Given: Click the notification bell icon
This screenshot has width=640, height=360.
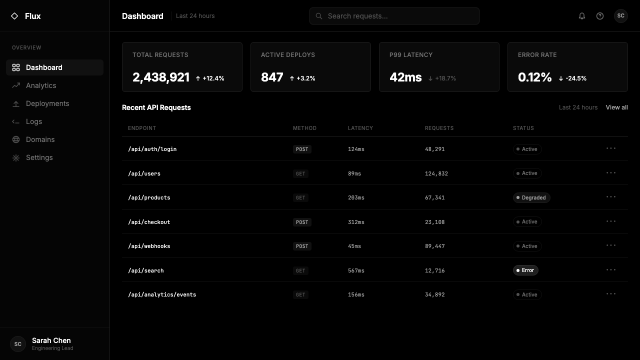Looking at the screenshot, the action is (x=581, y=16).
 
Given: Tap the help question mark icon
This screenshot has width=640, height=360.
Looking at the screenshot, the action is (x=599, y=16).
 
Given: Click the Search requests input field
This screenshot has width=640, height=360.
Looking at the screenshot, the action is (x=394, y=16).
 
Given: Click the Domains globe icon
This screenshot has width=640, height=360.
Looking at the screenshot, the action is (x=16, y=139).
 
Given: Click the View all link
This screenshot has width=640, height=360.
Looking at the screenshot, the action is (x=616, y=107).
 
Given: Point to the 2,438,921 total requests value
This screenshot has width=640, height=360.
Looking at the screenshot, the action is (x=161, y=77).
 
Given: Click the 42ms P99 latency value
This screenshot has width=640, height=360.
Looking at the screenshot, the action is (x=405, y=77).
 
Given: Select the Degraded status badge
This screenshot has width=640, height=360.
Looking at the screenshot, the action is (x=531, y=197).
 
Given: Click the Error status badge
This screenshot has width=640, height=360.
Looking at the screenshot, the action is (x=525, y=270).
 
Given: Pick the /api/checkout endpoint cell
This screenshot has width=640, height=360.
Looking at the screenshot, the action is (x=149, y=222).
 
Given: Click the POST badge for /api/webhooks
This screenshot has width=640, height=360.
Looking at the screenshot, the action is (x=302, y=246).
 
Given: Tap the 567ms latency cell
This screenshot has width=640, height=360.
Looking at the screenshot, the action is (x=356, y=270).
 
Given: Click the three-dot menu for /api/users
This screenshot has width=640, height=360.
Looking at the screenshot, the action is (x=611, y=173).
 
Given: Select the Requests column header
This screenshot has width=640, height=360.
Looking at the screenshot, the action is (x=439, y=128).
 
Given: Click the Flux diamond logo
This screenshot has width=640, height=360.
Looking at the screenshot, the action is (x=14, y=16).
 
